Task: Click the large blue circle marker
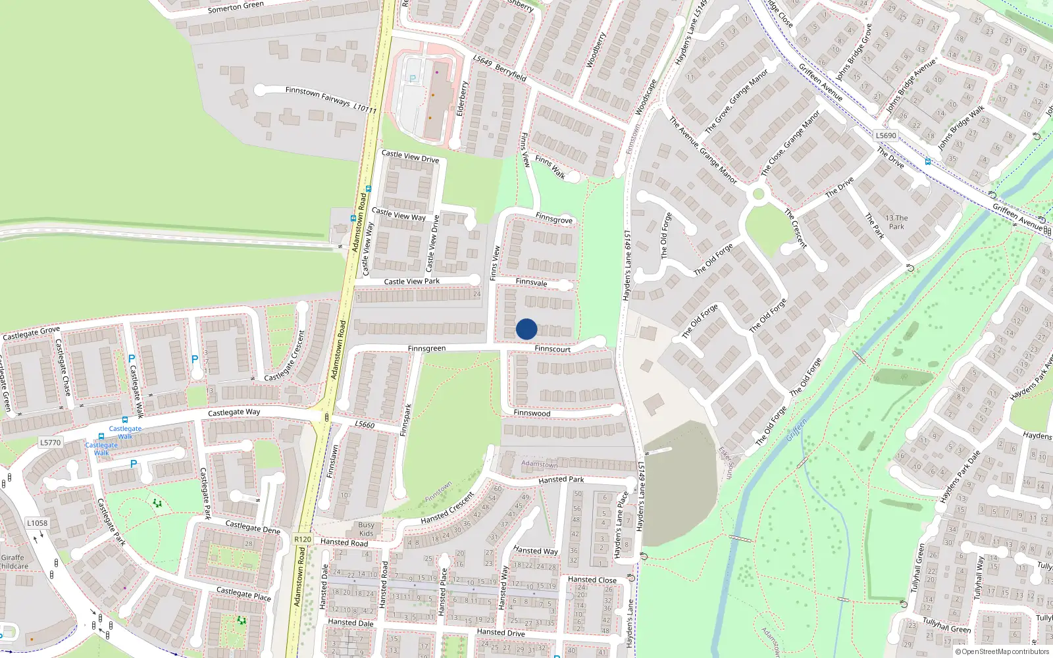pos(526,329)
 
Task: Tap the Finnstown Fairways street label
pos(318,96)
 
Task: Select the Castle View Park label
pos(411,282)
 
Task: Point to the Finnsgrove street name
pos(553,218)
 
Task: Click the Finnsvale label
pos(531,282)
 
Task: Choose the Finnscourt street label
pos(552,349)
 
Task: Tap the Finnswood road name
pos(532,413)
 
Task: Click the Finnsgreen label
pos(426,349)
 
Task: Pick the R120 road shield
pos(303,539)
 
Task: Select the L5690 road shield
pos(886,136)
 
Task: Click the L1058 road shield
pos(38,523)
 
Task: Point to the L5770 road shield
pos(51,443)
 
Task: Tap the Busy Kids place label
pos(366,529)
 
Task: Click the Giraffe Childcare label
pos(13,562)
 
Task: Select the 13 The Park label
pos(896,222)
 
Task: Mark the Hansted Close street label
pos(592,580)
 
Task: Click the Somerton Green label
pos(236,7)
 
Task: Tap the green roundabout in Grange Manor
pos(758,194)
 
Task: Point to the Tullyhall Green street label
pos(946,625)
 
